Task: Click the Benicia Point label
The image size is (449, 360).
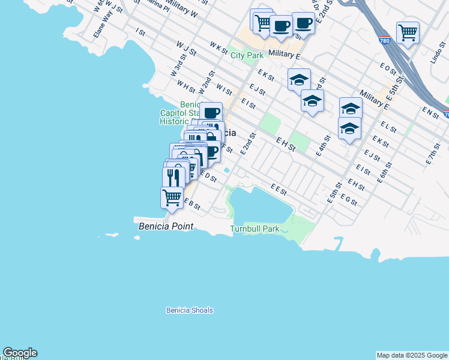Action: click(166, 226)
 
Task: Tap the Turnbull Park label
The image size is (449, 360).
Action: click(255, 229)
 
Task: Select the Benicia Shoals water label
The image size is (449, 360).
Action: click(189, 310)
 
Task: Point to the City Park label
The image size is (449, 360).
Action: click(247, 55)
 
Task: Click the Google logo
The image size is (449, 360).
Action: click(20, 353)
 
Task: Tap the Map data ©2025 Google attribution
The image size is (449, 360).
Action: click(412, 355)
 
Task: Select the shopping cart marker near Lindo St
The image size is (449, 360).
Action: click(408, 33)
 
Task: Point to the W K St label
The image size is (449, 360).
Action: click(218, 46)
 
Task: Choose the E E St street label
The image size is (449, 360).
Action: click(279, 189)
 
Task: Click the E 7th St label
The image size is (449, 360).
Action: click(433, 154)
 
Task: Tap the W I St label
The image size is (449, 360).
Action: click(224, 90)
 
